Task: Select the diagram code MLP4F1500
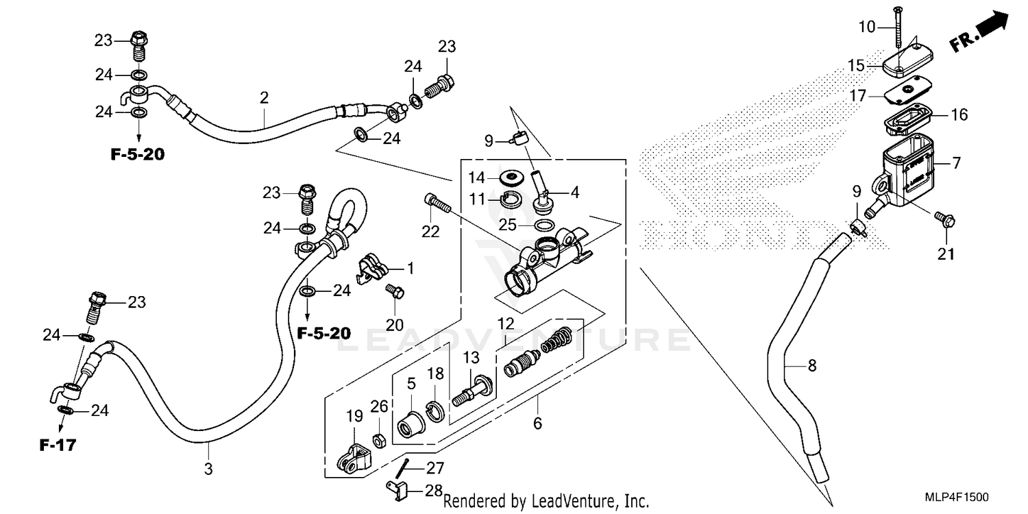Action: pyautogui.click(x=956, y=498)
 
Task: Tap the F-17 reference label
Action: pyautogui.click(x=56, y=445)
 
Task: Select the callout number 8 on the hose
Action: pyautogui.click(x=812, y=366)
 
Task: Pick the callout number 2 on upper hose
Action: pyautogui.click(x=264, y=99)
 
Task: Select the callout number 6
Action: pyautogui.click(x=537, y=424)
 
